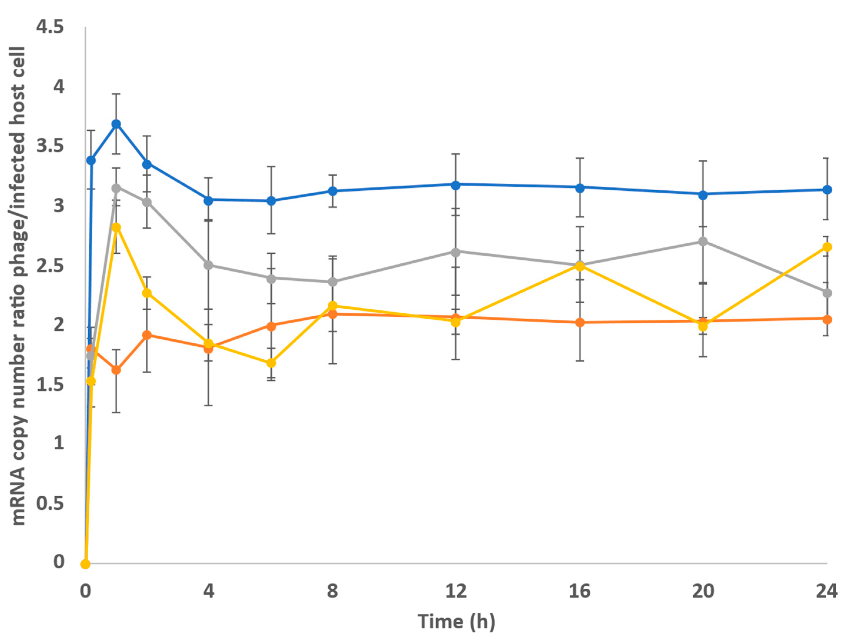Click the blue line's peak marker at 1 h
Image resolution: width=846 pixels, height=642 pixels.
point(116,124)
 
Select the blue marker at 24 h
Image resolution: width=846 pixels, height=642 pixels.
point(827,190)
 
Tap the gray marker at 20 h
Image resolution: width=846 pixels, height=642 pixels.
point(703,242)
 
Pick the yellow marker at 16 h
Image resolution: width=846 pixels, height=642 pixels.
point(580,267)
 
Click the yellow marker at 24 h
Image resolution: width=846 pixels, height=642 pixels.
point(827,247)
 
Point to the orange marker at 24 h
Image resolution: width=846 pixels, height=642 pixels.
point(827,319)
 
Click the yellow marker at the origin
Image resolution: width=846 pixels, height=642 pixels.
point(86,564)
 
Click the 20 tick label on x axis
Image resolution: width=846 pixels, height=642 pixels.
point(703,591)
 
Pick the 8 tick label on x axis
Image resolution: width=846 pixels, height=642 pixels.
point(332,591)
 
